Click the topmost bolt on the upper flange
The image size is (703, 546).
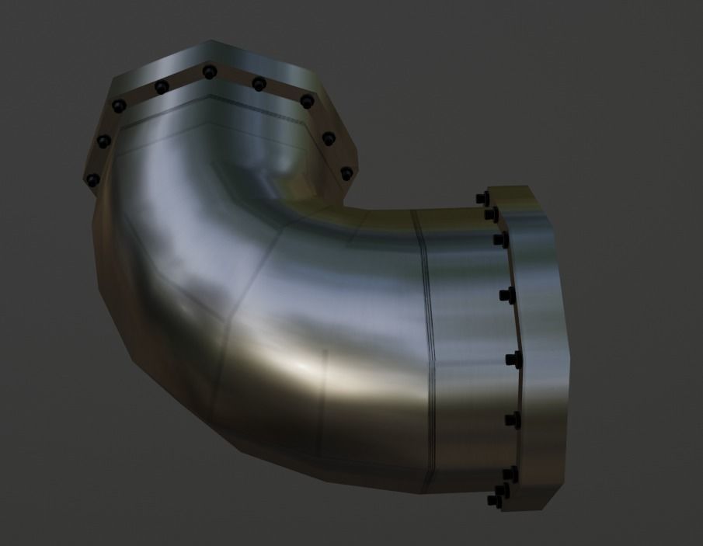[209, 72]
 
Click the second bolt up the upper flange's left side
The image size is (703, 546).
[102, 141]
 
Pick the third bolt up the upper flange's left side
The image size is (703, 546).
[119, 106]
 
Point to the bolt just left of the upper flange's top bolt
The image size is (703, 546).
[161, 86]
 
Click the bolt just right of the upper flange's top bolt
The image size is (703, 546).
[259, 83]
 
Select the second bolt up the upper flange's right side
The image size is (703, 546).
[329, 139]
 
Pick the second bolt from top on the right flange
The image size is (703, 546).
[492, 213]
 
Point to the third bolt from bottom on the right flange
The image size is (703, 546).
[511, 420]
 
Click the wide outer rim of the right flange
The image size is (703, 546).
[544, 350]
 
